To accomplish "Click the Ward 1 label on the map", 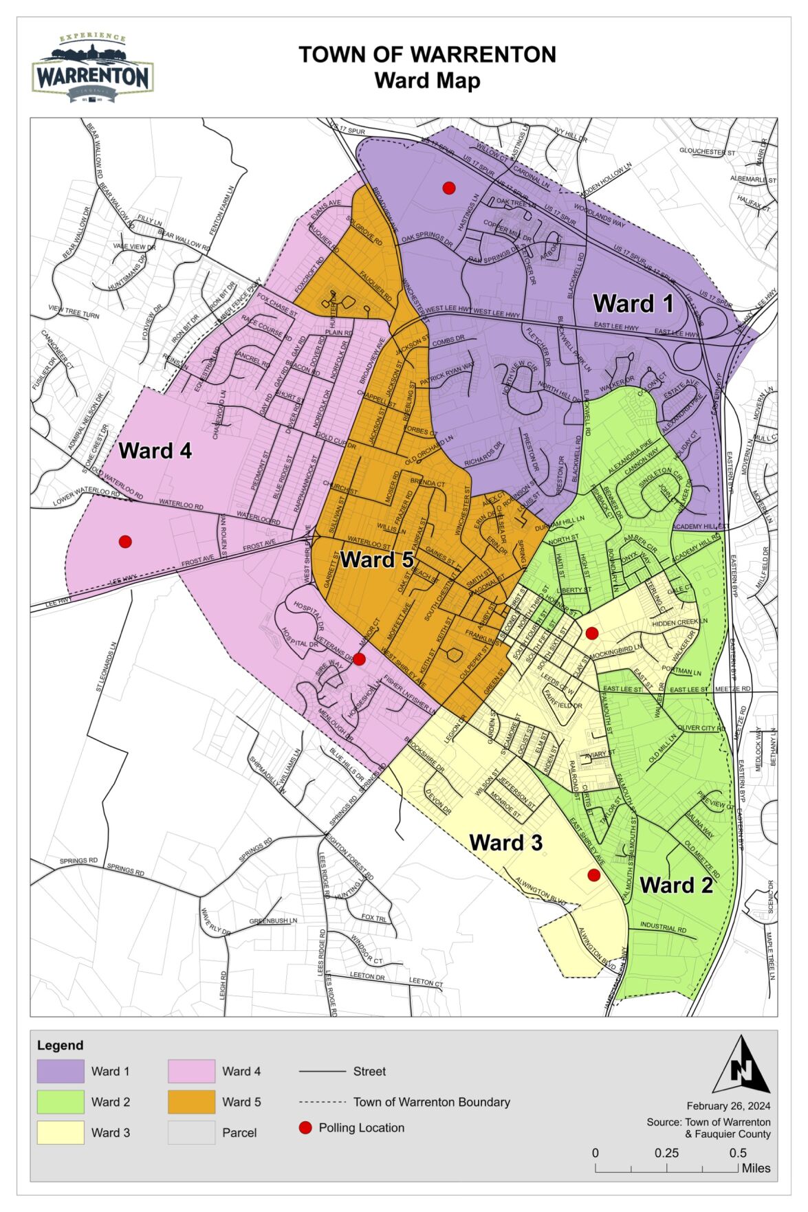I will [x=633, y=303].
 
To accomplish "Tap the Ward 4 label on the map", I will [x=155, y=451].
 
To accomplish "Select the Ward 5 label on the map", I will [x=377, y=560].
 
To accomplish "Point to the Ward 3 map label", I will [x=505, y=843].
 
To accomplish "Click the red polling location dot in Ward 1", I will [x=449, y=188].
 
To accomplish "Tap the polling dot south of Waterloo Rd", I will [x=125, y=542].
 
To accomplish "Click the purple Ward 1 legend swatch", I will [x=61, y=1071].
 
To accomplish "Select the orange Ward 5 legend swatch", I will [x=191, y=1102].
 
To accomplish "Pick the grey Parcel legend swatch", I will [x=191, y=1132].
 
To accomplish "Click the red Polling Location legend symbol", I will [x=305, y=1127].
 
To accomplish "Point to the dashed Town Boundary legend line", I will [x=322, y=1102].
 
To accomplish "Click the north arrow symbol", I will [x=741, y=1066].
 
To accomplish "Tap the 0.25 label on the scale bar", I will [x=666, y=1153].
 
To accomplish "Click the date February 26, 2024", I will [x=728, y=1105].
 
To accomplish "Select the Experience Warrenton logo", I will [x=92, y=69].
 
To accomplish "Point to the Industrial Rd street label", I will [x=664, y=927].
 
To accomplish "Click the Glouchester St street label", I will [x=707, y=151].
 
